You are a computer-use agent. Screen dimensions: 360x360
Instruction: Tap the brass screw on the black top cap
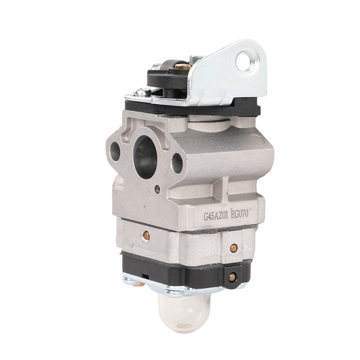click(180, 66)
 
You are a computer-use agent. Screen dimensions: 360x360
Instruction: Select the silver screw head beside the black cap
click(142, 93)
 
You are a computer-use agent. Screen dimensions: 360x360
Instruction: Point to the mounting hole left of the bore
click(115, 152)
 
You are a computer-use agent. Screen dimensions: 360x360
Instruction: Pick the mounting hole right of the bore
click(177, 163)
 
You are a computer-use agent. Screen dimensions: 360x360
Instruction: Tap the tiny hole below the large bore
click(157, 189)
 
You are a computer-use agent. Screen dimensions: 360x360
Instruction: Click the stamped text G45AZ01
click(216, 216)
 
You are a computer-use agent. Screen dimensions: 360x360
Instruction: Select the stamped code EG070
click(240, 214)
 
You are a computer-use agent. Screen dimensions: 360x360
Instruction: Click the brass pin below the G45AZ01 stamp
click(146, 235)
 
